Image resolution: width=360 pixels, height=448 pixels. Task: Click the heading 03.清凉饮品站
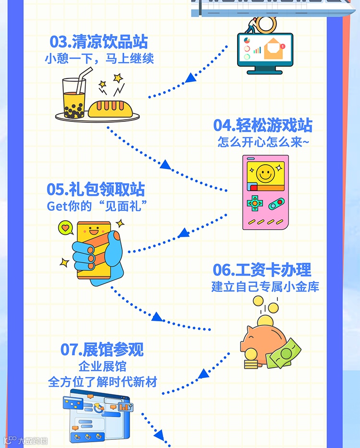(x=99, y=42)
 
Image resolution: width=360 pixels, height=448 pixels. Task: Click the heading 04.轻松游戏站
(x=263, y=125)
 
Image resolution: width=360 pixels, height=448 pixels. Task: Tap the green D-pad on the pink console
(x=254, y=203)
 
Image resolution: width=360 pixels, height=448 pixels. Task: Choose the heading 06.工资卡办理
(x=262, y=270)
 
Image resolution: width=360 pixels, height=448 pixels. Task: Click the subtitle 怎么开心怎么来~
(x=262, y=142)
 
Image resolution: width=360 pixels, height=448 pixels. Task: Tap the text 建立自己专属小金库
(x=265, y=287)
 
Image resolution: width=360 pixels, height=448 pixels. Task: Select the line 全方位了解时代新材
(x=102, y=382)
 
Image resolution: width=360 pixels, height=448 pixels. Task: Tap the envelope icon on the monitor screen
(x=274, y=48)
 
